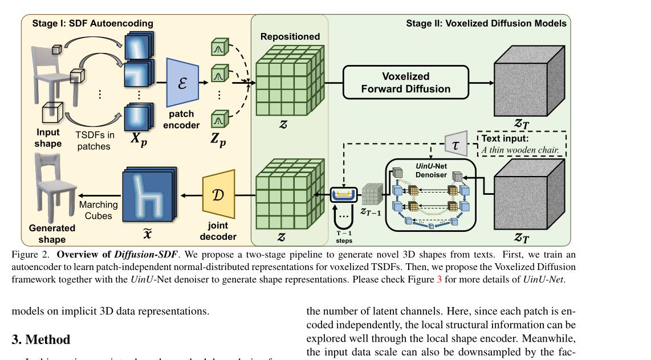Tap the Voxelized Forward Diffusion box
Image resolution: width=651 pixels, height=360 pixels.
(x=405, y=83)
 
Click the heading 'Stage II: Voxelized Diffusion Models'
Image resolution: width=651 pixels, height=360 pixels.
(x=486, y=23)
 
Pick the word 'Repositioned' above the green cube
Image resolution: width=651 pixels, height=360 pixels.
(x=290, y=36)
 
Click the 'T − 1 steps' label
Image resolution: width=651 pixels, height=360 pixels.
(x=344, y=237)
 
